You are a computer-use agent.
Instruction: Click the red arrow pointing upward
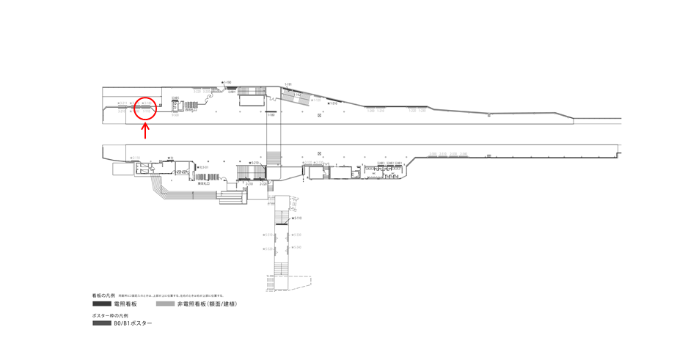click(x=145, y=131)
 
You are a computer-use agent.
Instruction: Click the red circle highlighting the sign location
click(x=146, y=109)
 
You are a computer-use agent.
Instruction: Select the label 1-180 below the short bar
click(x=271, y=115)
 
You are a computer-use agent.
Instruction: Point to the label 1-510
click(x=334, y=103)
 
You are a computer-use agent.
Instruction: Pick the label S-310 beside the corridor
click(x=268, y=235)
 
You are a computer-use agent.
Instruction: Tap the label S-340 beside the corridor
click(x=298, y=248)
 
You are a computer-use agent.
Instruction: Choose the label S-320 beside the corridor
click(x=298, y=235)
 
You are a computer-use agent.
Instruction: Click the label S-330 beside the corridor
click(x=268, y=248)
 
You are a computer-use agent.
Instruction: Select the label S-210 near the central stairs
click(x=254, y=163)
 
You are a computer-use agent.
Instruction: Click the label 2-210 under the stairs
click(x=249, y=183)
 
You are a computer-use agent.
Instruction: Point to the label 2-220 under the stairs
click(x=263, y=183)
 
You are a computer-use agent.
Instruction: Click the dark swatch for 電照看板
click(x=101, y=304)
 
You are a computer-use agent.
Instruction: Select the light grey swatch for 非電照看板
click(x=165, y=304)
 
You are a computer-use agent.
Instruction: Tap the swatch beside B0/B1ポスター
click(x=101, y=323)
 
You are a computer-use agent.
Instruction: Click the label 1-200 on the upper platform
click(x=371, y=111)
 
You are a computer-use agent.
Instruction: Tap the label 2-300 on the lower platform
click(x=433, y=154)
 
